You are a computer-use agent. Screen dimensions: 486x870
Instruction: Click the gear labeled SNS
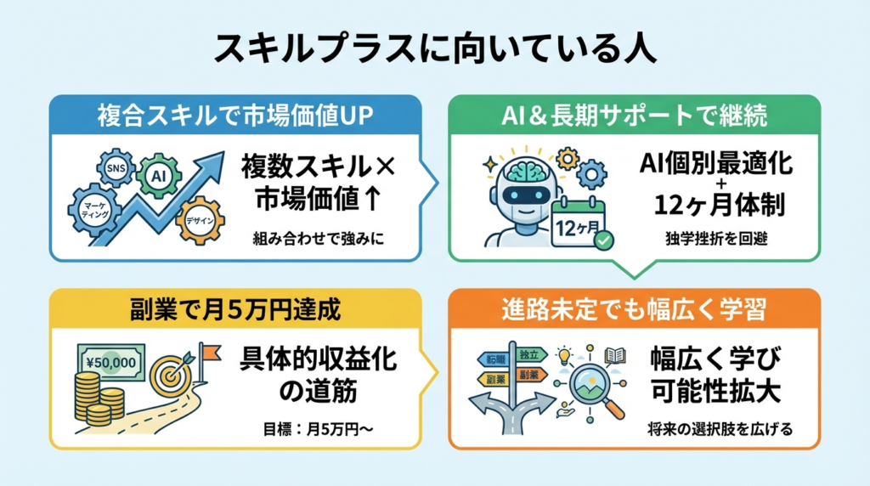(114, 168)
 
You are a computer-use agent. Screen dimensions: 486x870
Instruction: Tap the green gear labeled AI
(158, 176)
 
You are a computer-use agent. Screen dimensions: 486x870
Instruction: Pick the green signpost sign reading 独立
(528, 353)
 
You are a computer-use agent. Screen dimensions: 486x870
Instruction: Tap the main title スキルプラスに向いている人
(434, 48)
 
